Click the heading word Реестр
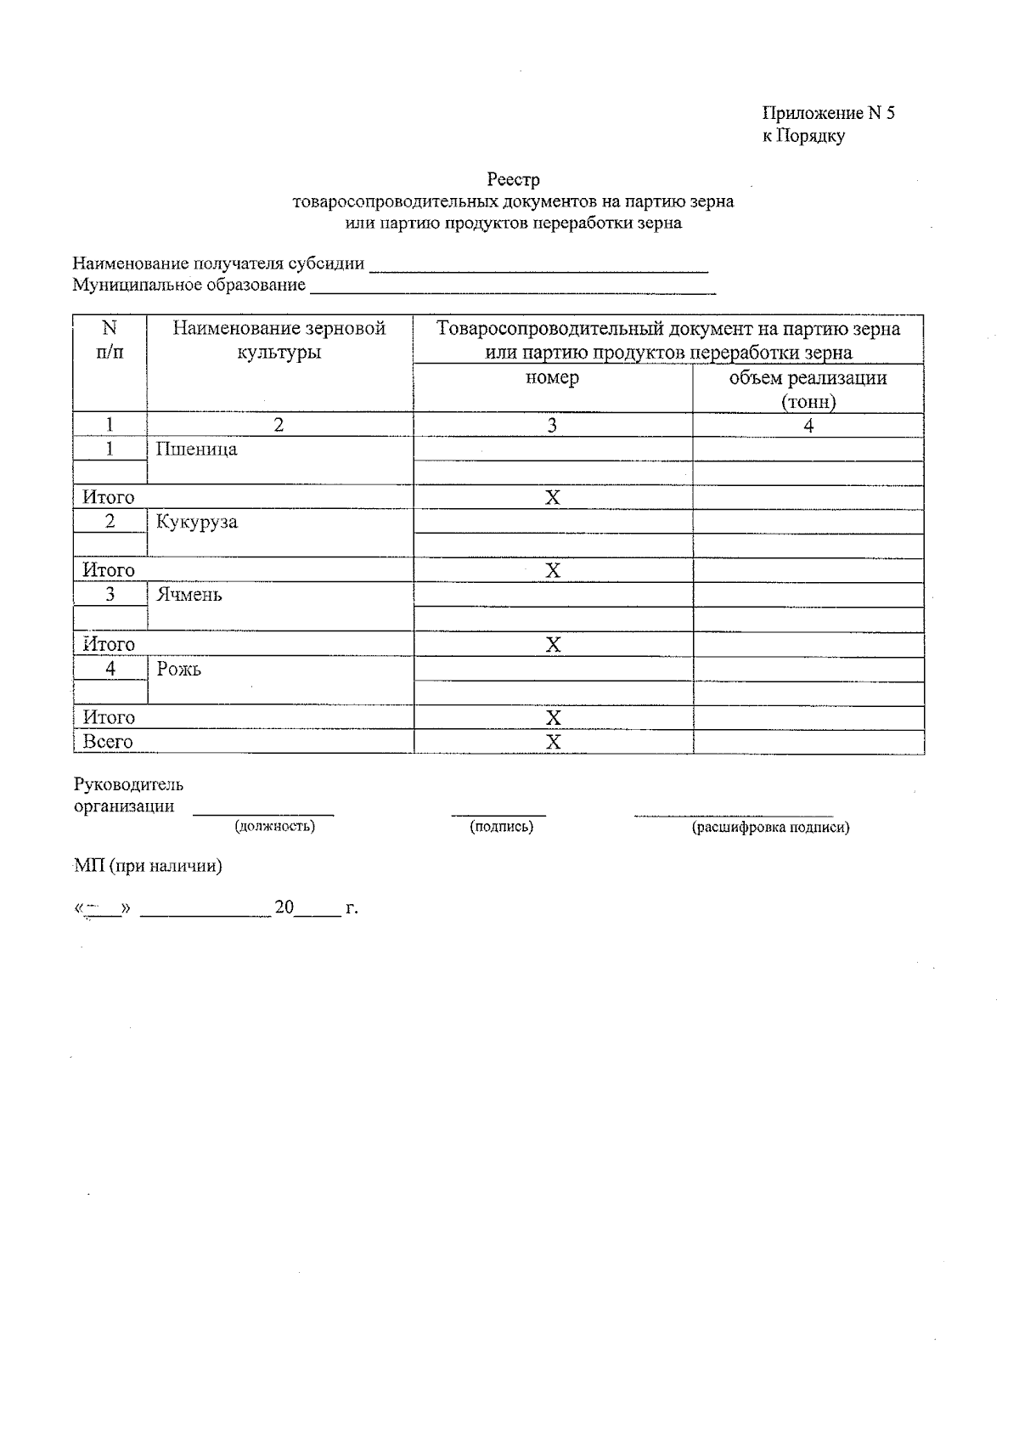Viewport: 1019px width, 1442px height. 513,179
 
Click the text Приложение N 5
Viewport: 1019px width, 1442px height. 828,113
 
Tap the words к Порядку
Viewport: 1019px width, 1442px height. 802,136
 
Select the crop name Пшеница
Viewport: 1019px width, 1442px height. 196,450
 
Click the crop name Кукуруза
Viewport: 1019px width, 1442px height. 196,522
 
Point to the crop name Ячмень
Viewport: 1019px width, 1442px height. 189,595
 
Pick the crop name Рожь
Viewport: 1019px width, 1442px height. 178,670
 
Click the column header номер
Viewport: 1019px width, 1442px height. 552,377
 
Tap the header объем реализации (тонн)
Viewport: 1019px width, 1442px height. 808,389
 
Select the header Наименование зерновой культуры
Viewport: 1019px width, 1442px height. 279,340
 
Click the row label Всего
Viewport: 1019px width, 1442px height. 108,742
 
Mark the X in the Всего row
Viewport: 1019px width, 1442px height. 553,743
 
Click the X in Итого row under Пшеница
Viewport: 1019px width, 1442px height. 553,498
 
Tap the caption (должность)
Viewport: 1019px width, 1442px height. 274,826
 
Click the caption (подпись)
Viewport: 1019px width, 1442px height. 501,826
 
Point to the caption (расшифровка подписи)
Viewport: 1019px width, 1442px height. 770,827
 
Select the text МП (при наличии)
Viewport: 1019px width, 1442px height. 148,866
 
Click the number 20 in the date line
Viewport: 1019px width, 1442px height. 284,908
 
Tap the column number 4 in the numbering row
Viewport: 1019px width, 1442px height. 808,426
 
